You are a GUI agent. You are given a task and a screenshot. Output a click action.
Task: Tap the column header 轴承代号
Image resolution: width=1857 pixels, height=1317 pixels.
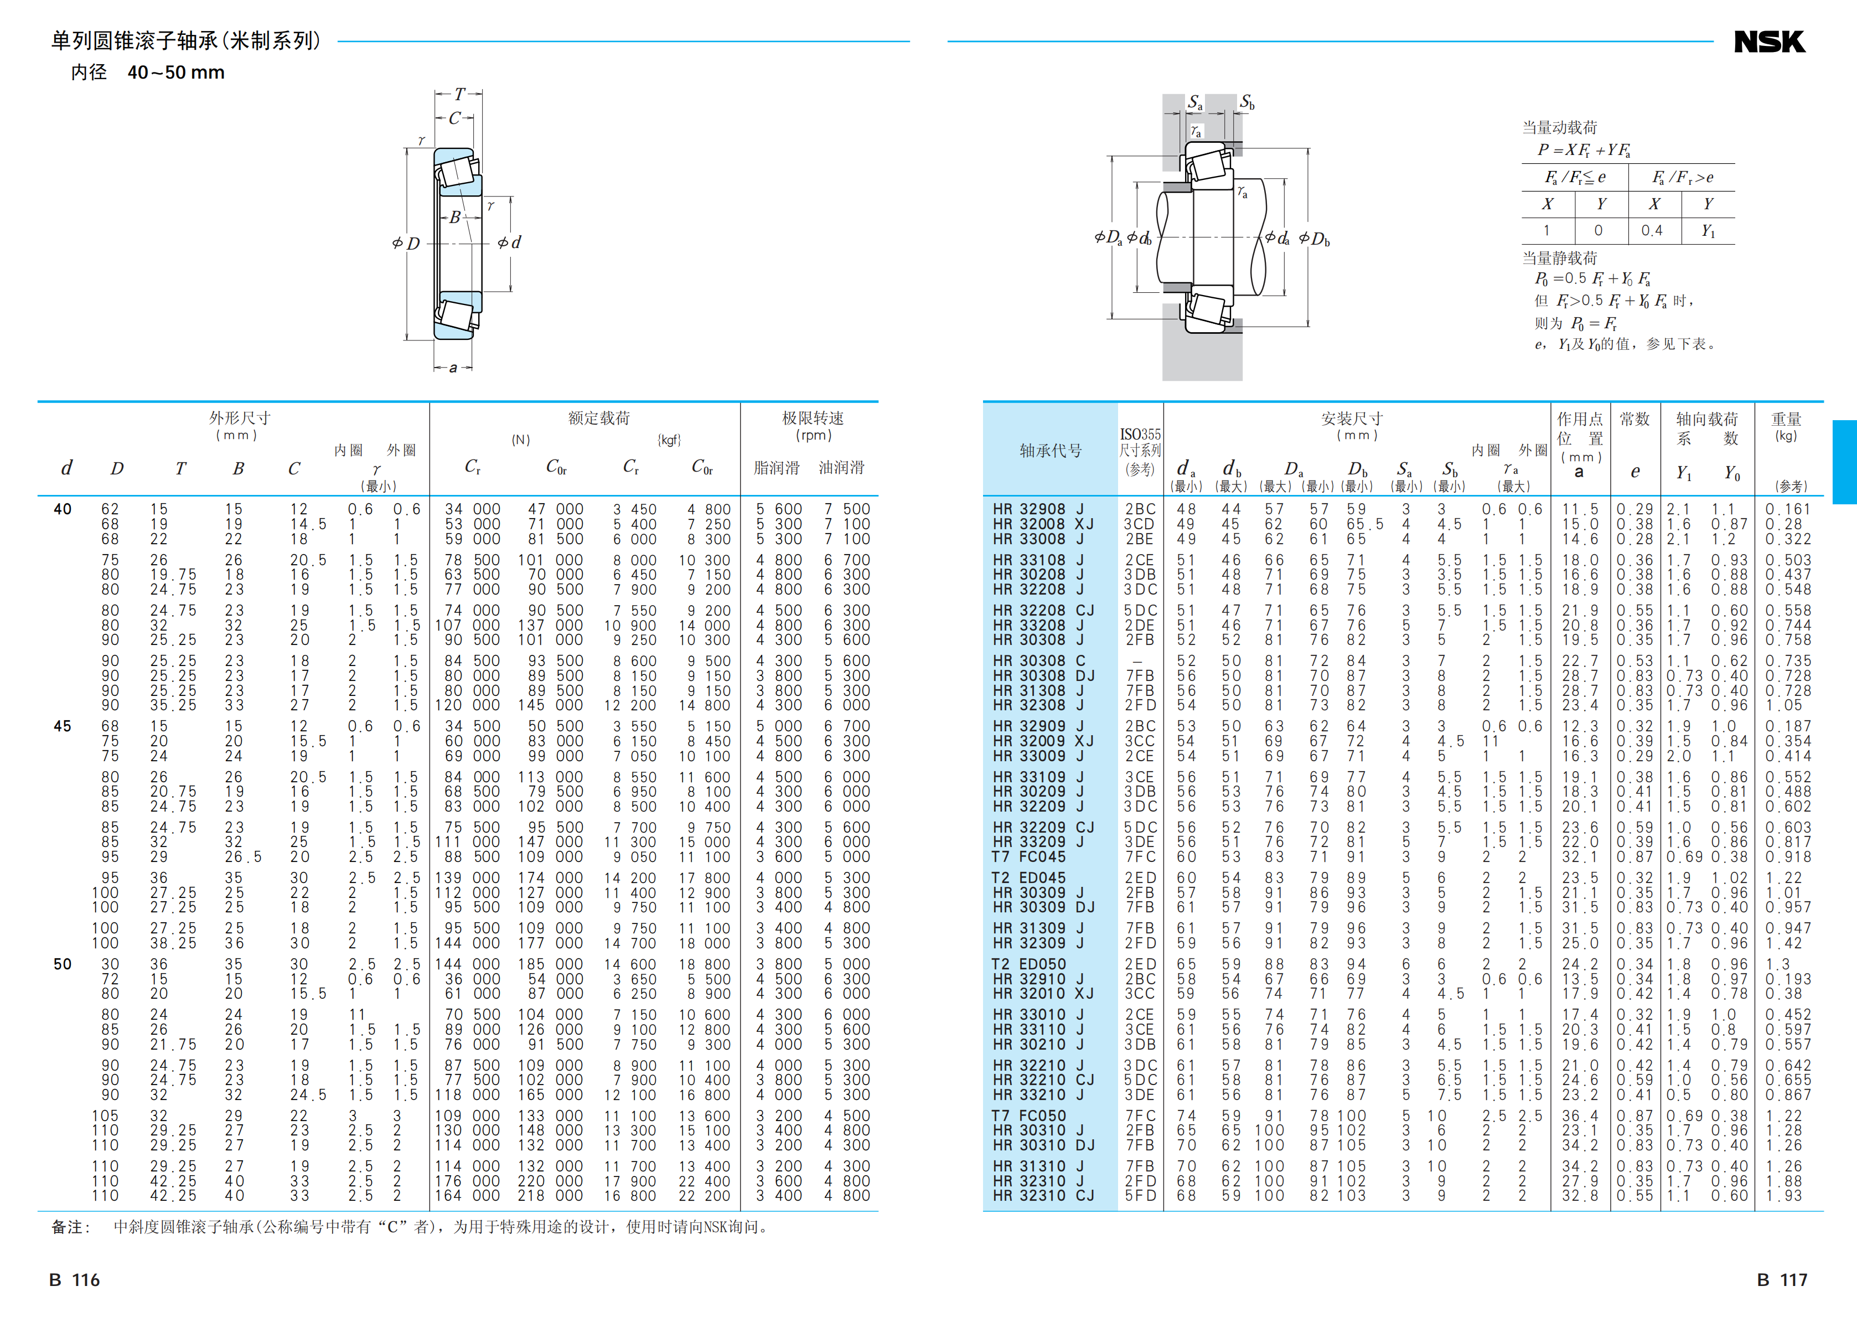pyautogui.click(x=1050, y=451)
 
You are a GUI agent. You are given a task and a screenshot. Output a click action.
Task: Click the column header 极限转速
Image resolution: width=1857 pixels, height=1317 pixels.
pyautogui.click(x=812, y=417)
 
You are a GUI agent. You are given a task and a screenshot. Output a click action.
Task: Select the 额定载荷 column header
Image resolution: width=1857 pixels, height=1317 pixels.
pyautogui.click(x=598, y=417)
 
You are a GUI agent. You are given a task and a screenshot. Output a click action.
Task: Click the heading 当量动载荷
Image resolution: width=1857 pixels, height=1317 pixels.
pyautogui.click(x=1559, y=127)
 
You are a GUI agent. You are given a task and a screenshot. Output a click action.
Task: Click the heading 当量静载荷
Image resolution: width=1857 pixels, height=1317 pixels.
pyautogui.click(x=1559, y=258)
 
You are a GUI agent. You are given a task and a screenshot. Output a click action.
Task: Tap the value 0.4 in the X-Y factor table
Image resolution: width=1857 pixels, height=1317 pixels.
pyautogui.click(x=1652, y=230)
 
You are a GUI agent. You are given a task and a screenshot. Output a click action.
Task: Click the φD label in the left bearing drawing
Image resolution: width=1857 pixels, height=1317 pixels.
pyautogui.click(x=406, y=243)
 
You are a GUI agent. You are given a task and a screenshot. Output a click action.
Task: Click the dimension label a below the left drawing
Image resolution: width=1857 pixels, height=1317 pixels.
pyautogui.click(x=453, y=368)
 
